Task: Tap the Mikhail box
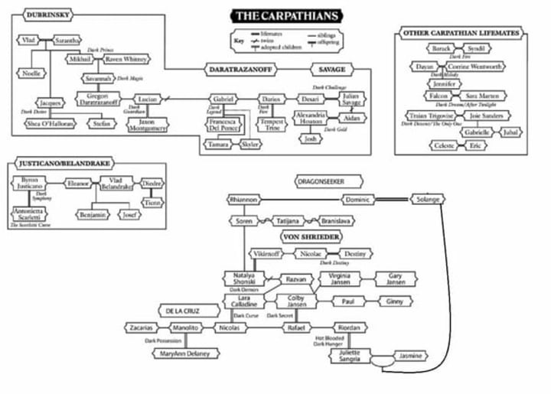pos(80,59)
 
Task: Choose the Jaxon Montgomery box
pos(142,123)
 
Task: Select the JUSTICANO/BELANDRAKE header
pos(56,163)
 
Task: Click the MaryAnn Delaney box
pos(186,353)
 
